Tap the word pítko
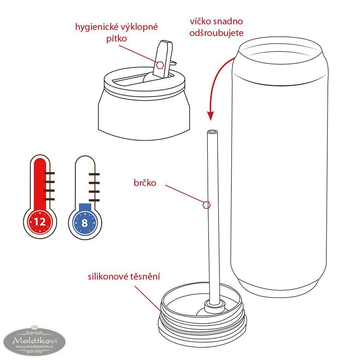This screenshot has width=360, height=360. (116, 38)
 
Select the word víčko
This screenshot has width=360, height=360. (200, 21)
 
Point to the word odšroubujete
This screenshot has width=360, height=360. (216, 33)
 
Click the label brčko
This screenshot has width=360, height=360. (145, 183)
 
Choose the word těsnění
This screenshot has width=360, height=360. (145, 276)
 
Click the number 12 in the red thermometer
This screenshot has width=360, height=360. (40, 222)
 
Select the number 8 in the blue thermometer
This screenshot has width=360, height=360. (85, 223)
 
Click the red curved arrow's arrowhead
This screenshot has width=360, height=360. (210, 115)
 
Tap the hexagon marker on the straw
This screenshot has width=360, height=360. (207, 205)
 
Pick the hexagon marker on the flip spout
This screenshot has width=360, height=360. (160, 65)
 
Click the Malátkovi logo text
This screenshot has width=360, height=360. (35, 340)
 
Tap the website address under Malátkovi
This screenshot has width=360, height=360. (34, 347)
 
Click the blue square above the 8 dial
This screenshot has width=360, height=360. (85, 207)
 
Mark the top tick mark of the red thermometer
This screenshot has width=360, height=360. (49, 173)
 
